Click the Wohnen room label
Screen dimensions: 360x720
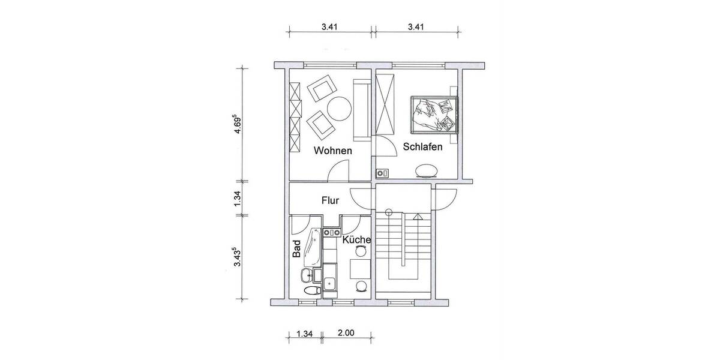332,151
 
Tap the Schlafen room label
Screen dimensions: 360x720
423,146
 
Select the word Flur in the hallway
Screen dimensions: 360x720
331,200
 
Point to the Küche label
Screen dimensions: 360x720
356,239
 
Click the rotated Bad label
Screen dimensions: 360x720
296,249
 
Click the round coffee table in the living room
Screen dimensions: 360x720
340,109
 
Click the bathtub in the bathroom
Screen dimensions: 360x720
313,247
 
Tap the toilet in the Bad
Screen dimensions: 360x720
311,291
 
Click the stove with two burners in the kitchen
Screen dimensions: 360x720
331,231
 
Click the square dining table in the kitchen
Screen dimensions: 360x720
360,266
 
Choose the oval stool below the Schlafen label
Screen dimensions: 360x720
427,172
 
